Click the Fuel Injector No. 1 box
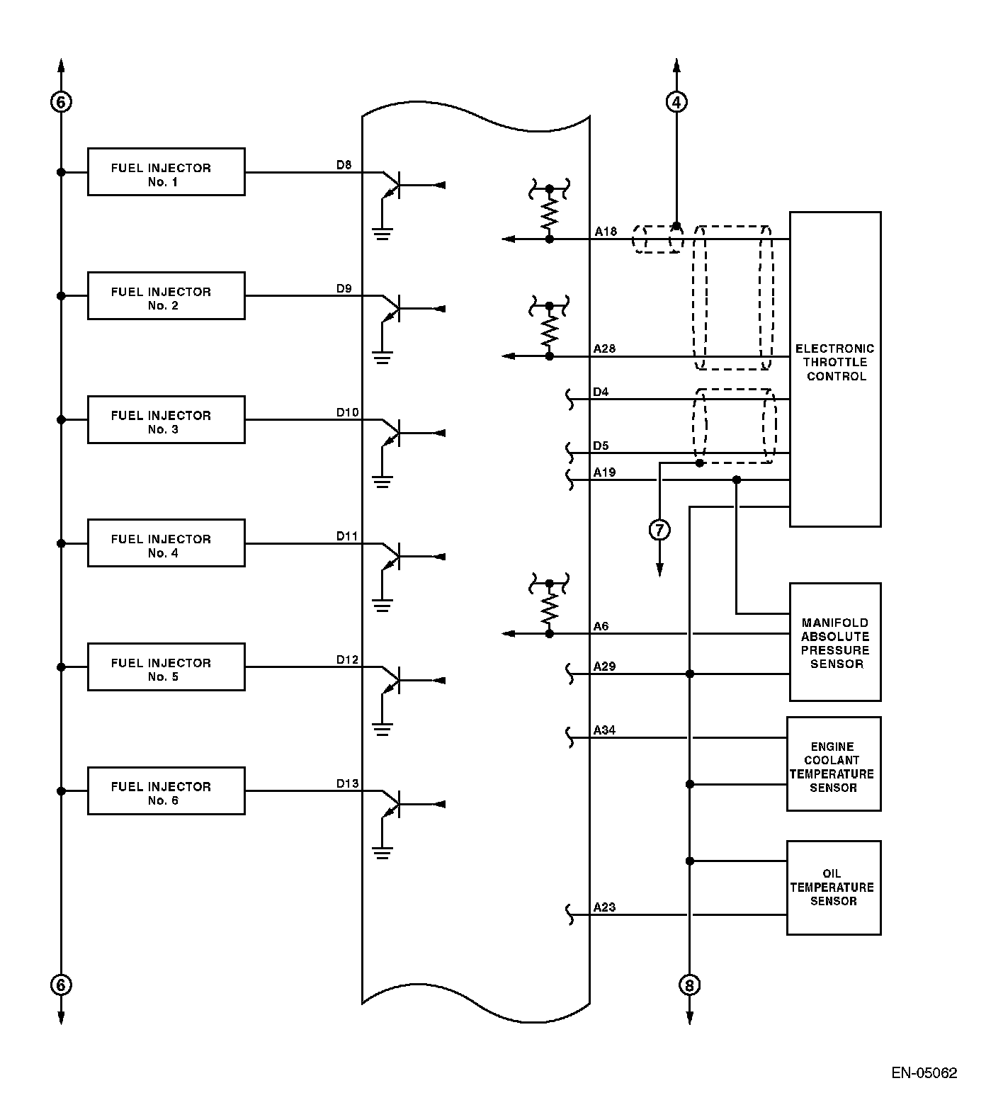pyautogui.click(x=166, y=172)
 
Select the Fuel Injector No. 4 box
pyautogui.click(x=166, y=543)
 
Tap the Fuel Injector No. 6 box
pyautogui.click(x=166, y=790)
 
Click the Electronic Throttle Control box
pyautogui.click(x=835, y=368)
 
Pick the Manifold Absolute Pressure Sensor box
pyautogui.click(x=835, y=642)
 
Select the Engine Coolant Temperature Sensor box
pyautogui.click(x=833, y=764)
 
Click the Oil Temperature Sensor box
pyautogui.click(x=833, y=888)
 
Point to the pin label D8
pyautogui.click(x=344, y=165)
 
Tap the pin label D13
pyautogui.click(x=347, y=783)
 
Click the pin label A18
pyautogui.click(x=606, y=232)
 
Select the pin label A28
pyautogui.click(x=604, y=348)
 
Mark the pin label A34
pyautogui.click(x=604, y=730)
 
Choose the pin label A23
pyautogui.click(x=604, y=907)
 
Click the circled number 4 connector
pyautogui.click(x=676, y=103)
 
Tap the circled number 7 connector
pyautogui.click(x=659, y=529)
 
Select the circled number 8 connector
pyautogui.click(x=689, y=985)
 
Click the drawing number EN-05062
pyautogui.click(x=924, y=1073)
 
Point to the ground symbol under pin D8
pyautogui.click(x=382, y=233)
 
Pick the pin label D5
pyautogui.click(x=601, y=446)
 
